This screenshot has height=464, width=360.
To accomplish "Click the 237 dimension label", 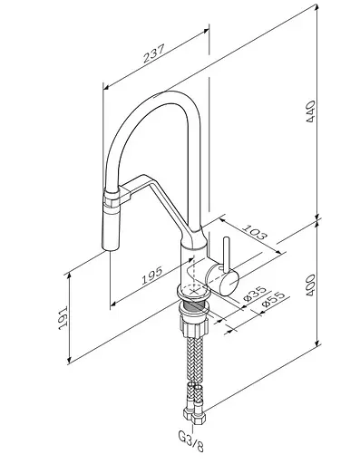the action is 154,53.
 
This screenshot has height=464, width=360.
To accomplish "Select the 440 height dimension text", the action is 311,111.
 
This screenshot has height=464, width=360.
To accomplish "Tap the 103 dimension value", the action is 256,232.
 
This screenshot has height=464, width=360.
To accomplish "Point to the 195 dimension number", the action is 152,275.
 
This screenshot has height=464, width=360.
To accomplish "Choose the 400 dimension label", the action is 310,285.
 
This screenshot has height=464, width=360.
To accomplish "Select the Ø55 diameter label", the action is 273,299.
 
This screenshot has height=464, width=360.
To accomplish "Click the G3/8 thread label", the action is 191,444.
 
